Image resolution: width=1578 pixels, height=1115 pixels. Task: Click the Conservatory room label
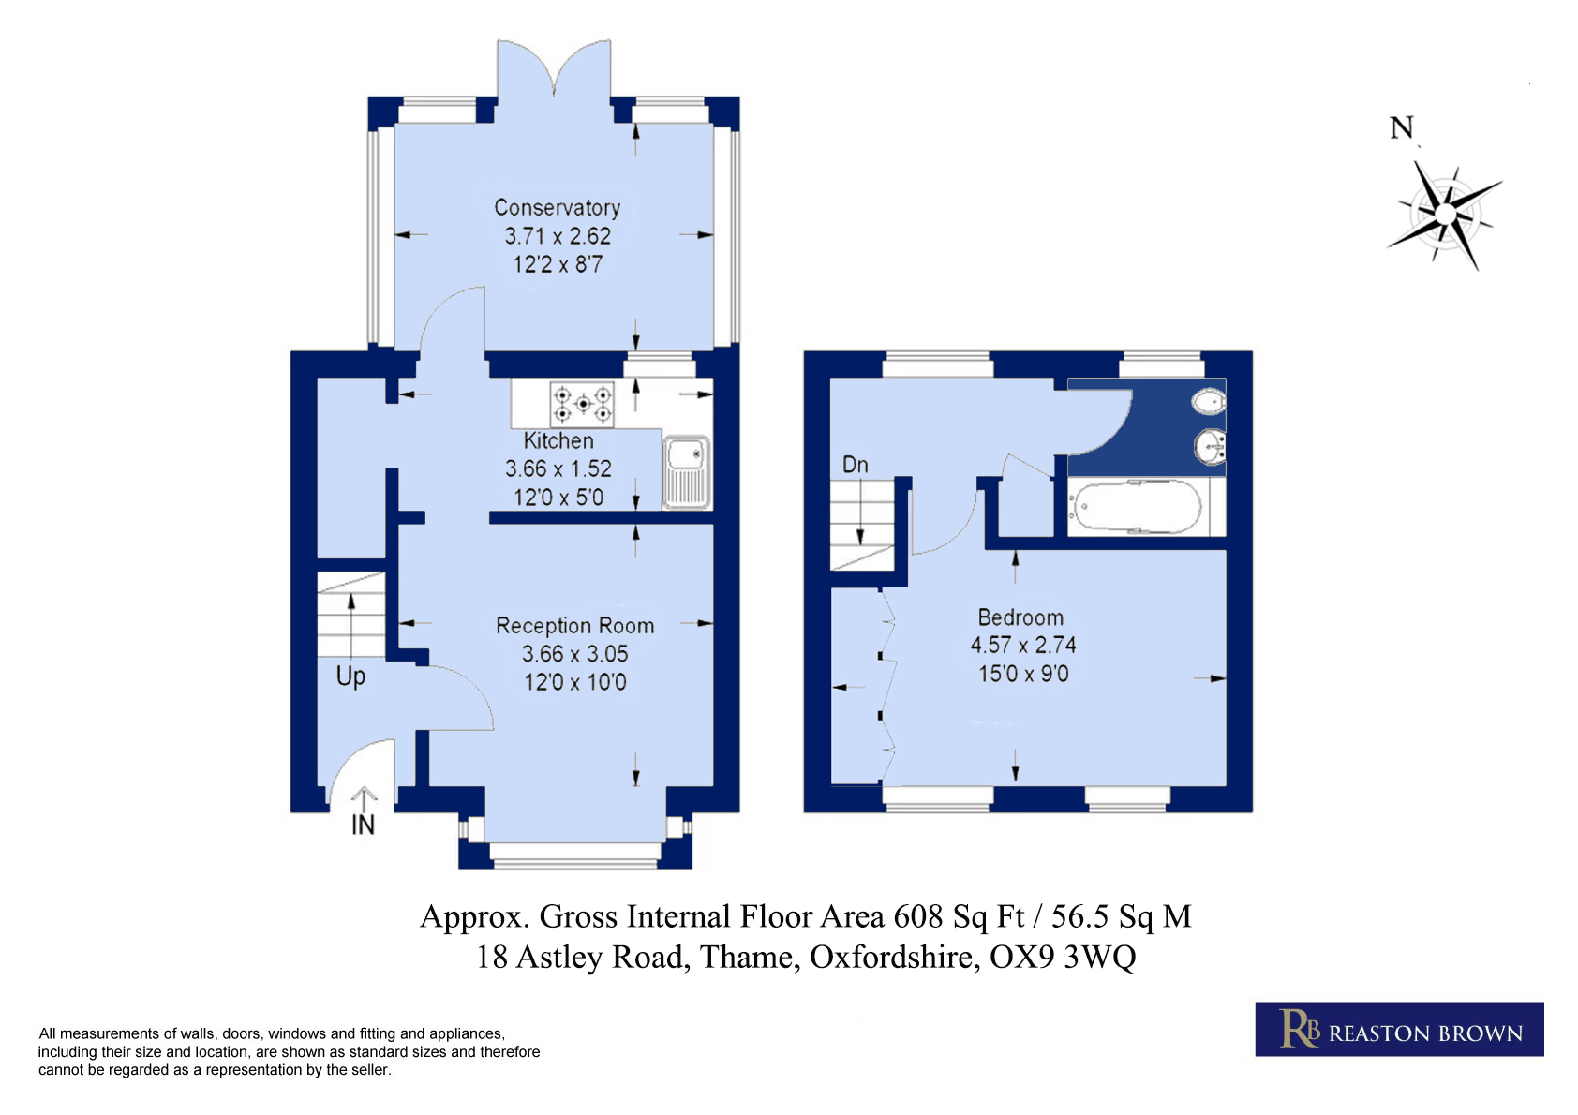point(558,208)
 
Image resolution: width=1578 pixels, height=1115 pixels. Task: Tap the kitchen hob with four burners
point(582,404)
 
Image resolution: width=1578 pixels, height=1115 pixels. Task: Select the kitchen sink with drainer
point(686,472)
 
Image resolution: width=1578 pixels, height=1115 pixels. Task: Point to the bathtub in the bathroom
point(1136,507)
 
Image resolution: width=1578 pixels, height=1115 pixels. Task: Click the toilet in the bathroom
point(1209,401)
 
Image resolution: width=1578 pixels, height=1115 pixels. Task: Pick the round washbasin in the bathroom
point(1211,447)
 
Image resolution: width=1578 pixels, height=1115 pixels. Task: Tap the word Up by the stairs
point(350,676)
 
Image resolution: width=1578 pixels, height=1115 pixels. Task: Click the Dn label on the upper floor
point(856,465)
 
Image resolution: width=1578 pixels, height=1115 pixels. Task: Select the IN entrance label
point(363,825)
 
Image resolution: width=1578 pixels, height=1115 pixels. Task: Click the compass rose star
point(1445,214)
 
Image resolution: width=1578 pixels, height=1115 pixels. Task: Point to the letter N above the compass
point(1402,128)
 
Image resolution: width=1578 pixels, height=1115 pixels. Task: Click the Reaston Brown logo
point(1399,1029)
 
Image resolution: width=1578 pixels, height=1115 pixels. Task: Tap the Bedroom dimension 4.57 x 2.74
point(1023,646)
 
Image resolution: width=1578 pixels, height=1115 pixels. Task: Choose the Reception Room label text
point(574,626)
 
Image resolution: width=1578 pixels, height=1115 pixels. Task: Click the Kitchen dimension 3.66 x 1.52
point(558,469)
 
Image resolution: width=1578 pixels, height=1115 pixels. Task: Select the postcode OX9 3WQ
point(1063,958)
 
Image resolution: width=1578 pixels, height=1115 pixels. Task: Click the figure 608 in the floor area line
point(918,916)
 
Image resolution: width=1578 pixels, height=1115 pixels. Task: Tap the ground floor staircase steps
point(350,615)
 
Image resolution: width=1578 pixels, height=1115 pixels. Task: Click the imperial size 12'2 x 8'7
point(558,265)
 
